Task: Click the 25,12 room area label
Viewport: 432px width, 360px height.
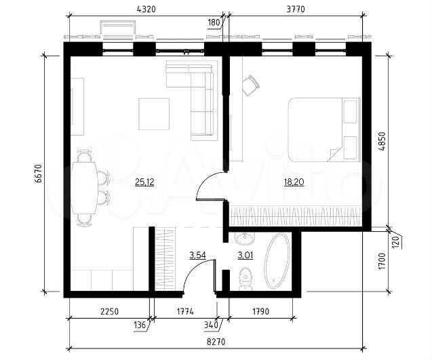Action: (x=144, y=182)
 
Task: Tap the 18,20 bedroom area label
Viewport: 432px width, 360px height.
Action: (x=294, y=182)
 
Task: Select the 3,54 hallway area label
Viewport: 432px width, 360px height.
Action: (x=197, y=255)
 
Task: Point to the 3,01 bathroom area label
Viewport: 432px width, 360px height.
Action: (x=245, y=255)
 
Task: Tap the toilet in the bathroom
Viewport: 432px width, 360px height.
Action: (x=246, y=277)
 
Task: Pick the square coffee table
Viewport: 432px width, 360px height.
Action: (x=154, y=114)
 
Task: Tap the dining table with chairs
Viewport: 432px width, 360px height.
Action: (x=85, y=188)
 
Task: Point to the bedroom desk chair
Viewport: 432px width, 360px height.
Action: (x=250, y=84)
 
